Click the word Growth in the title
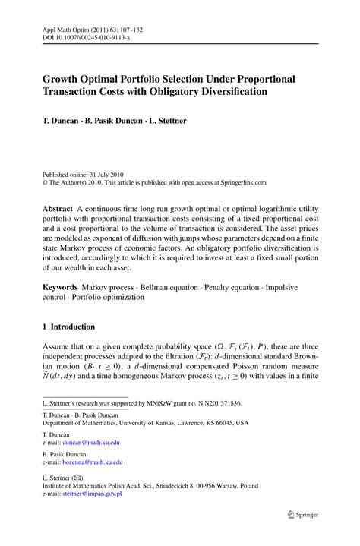pos(63,79)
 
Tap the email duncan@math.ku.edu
pos(91,442)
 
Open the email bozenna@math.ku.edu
pos(93,461)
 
